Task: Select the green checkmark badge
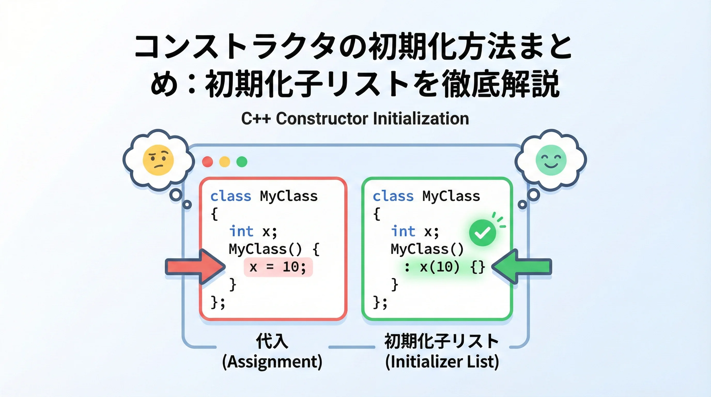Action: tap(482, 233)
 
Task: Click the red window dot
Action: tap(207, 162)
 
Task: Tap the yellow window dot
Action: tap(225, 162)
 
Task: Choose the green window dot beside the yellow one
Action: tap(242, 162)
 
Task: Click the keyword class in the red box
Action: tap(231, 196)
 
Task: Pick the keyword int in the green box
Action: tap(403, 231)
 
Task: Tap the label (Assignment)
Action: tap(272, 362)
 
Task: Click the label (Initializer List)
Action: tap(442, 362)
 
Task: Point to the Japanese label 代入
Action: tap(272, 341)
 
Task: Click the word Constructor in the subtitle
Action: tap(322, 119)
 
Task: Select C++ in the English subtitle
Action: tap(256, 119)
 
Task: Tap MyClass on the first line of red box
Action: tap(289, 196)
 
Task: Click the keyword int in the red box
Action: tap(241, 231)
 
